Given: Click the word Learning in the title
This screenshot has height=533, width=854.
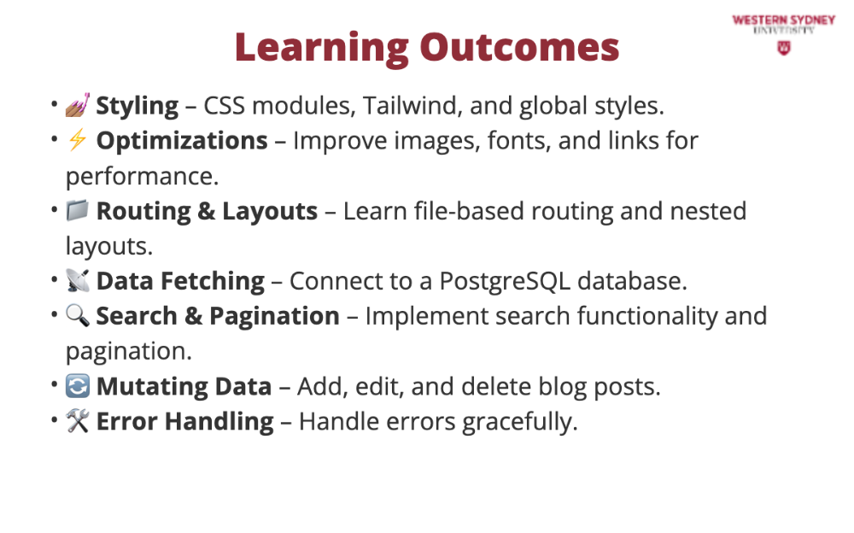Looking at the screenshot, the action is coord(322,48).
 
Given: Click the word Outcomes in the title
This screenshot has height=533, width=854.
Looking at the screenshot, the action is coord(519,47).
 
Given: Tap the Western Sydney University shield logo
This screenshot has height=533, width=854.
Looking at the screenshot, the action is coord(784,48).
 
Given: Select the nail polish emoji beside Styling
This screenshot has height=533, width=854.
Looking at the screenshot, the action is coord(78,105).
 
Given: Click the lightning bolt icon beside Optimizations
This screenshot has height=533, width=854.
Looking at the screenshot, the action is coord(78,140).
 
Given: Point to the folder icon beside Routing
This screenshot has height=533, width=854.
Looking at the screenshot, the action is coord(78,210).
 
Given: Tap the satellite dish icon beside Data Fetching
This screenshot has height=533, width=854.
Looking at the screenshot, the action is coord(78,280).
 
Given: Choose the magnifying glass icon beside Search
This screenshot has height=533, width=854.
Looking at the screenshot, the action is coord(78,315).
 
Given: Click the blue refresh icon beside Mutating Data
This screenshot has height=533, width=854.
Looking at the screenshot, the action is coord(78,386).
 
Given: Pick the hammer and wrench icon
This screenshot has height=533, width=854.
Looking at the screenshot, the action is coord(78,421).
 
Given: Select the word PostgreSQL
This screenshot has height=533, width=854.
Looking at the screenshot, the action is coord(505,282).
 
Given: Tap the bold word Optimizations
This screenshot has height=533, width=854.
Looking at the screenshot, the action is coord(182,141).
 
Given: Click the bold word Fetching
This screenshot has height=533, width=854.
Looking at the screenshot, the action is coord(213,282).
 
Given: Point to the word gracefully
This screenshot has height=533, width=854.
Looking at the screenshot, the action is coord(519,422).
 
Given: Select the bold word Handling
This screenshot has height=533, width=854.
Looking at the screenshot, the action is coord(219,422).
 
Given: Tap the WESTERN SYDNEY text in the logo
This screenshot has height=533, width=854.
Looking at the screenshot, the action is coord(784,20).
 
